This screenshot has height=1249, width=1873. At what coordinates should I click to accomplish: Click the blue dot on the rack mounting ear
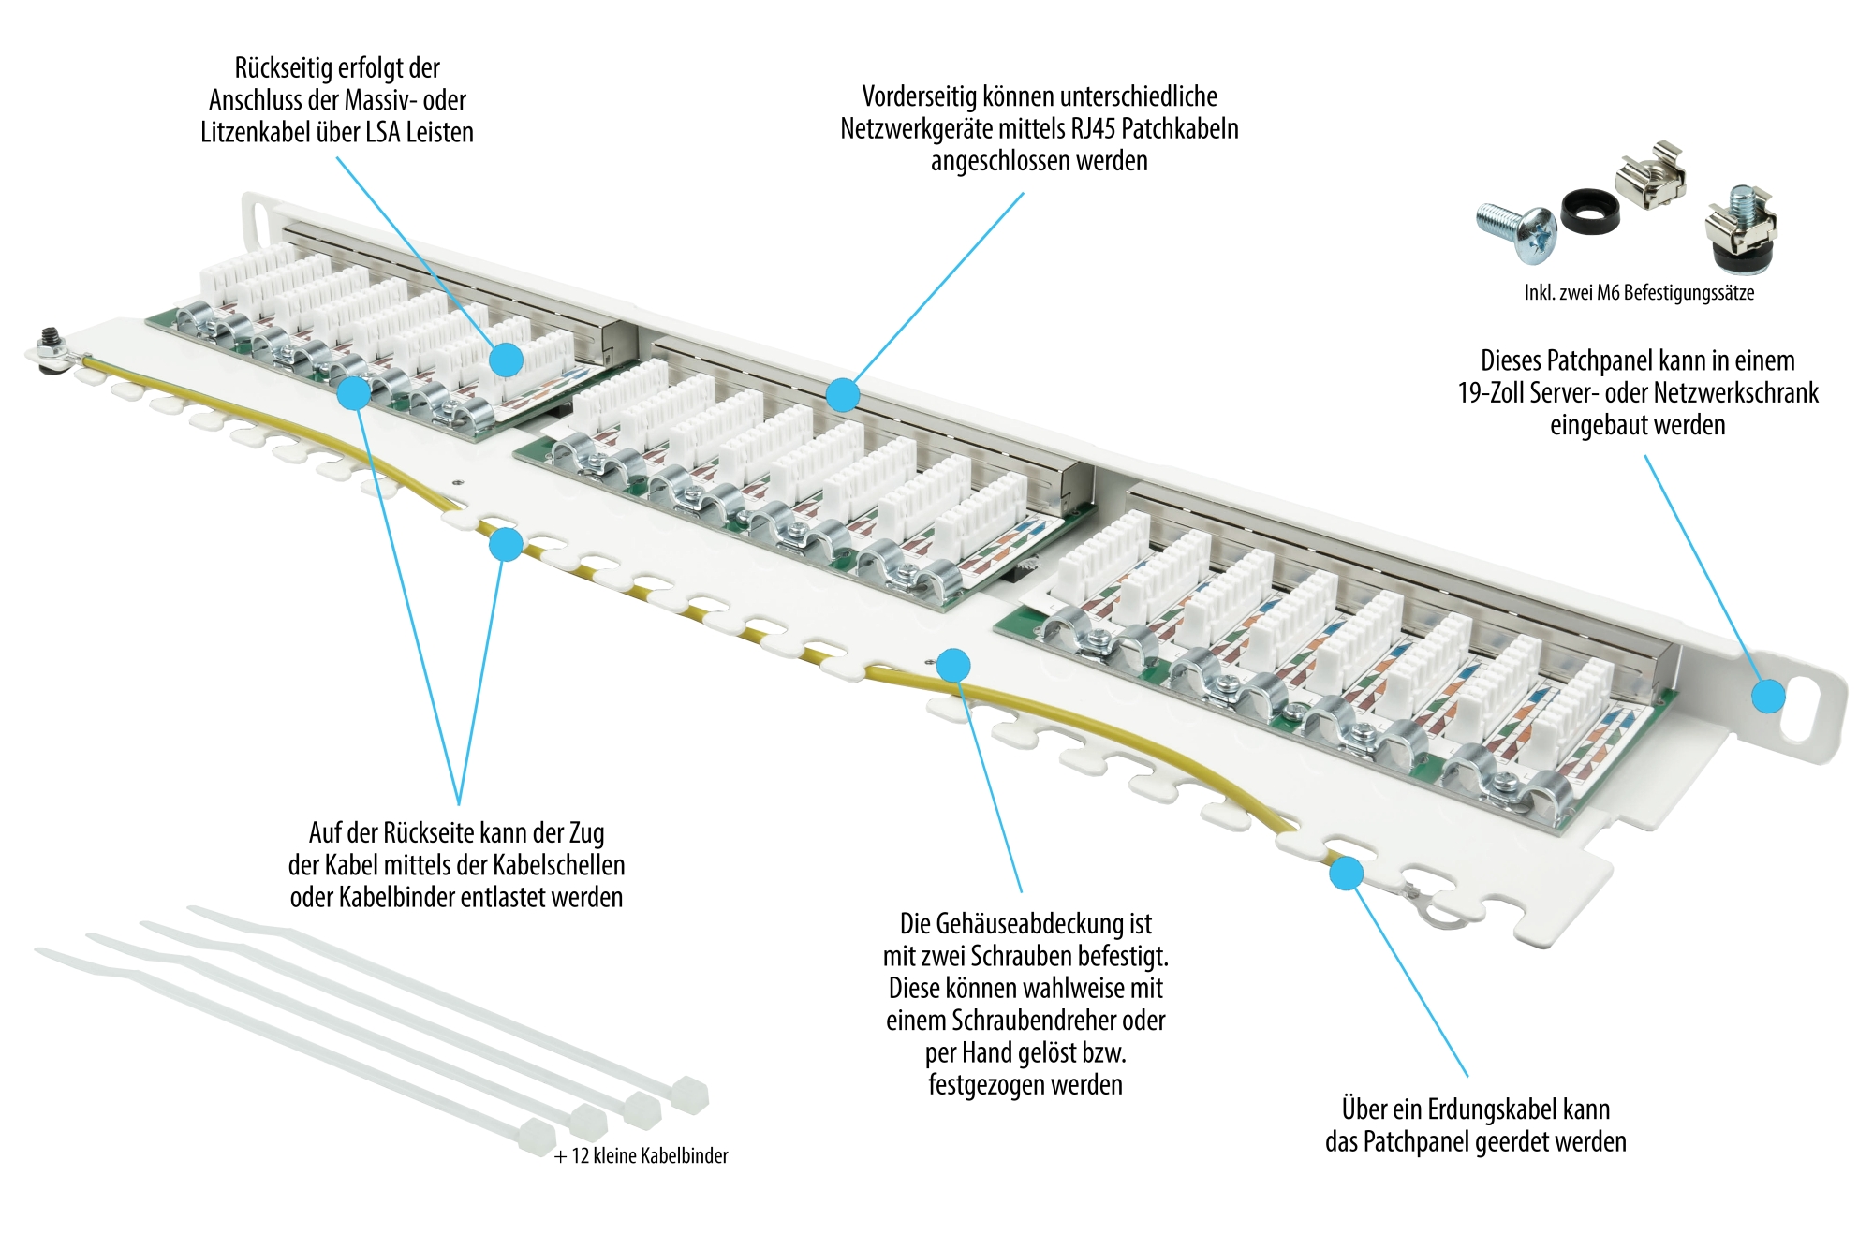1768,696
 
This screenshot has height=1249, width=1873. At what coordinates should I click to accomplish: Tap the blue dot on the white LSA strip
507,359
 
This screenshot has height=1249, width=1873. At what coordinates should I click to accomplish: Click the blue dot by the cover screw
953,666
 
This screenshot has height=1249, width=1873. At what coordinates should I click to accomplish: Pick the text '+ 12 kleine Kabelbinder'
642,1155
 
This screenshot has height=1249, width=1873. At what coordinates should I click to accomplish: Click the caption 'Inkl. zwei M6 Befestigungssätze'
1639,292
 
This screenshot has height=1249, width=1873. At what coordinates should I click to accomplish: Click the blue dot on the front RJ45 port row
843,395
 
